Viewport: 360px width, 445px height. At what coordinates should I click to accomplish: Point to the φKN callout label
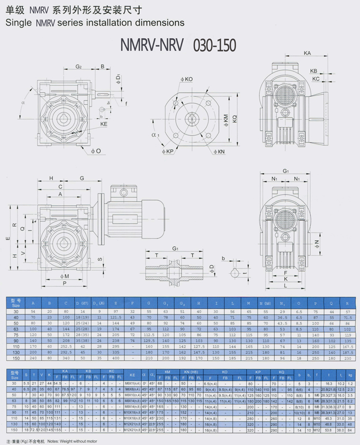click(219, 152)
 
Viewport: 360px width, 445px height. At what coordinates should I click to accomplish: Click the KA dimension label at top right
click(308, 53)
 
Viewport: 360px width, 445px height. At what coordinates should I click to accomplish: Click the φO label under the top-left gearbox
click(95, 152)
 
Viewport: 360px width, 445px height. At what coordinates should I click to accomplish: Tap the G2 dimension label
click(78, 67)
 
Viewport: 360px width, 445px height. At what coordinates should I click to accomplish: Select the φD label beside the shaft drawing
click(211, 267)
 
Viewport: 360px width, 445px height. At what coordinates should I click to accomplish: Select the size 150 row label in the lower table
click(14, 430)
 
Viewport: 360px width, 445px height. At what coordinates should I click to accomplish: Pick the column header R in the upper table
click(347, 304)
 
